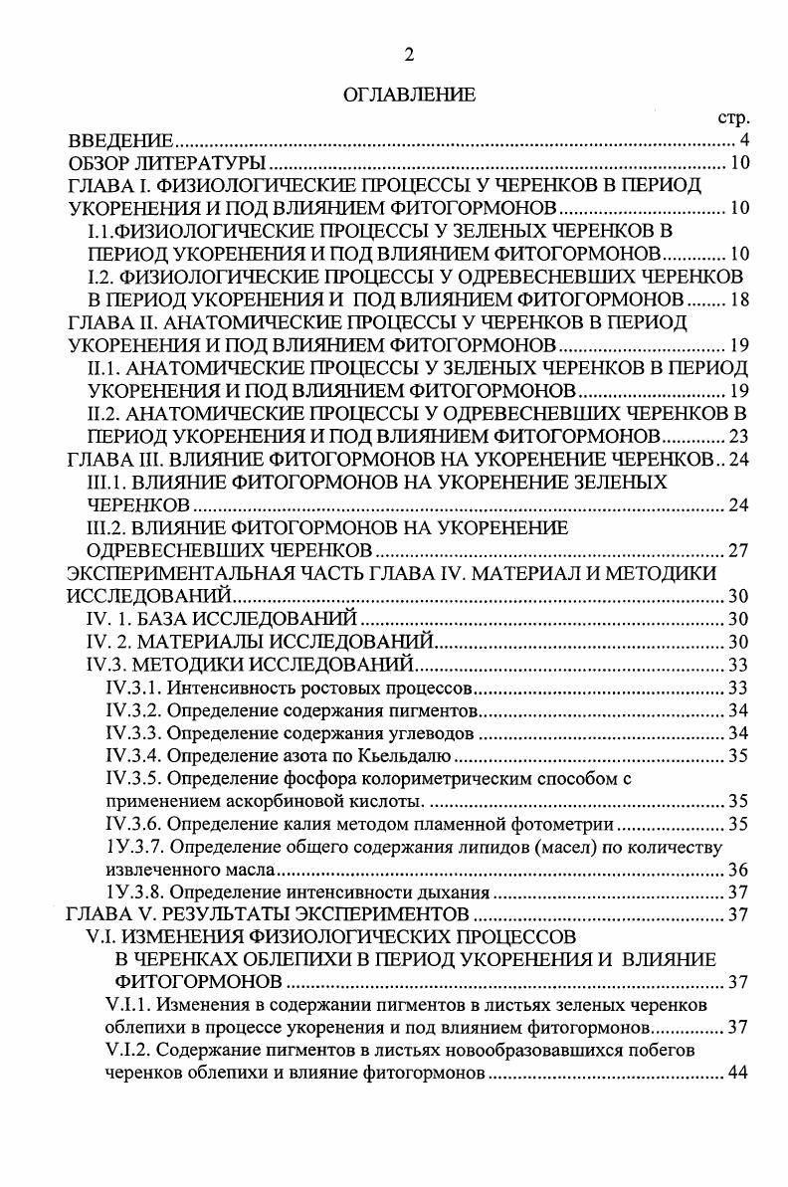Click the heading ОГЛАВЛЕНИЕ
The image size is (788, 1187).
(395, 96)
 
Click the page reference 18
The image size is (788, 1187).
(738, 298)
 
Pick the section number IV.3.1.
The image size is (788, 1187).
(132, 688)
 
